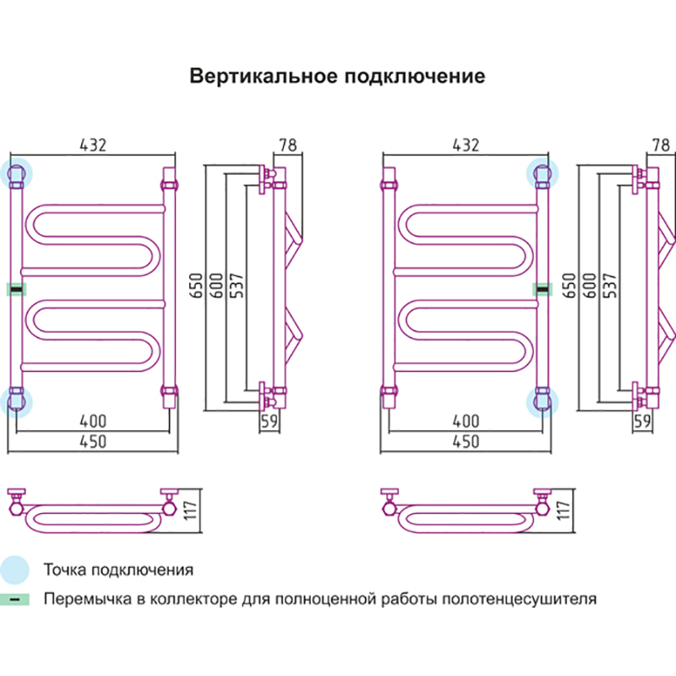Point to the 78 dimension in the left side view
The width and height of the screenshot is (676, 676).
(x=288, y=144)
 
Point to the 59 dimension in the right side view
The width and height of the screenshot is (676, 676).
(x=642, y=420)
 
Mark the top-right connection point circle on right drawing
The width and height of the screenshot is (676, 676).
(x=542, y=174)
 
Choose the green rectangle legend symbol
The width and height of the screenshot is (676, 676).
(x=16, y=600)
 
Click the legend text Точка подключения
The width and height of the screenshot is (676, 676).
(x=118, y=570)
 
